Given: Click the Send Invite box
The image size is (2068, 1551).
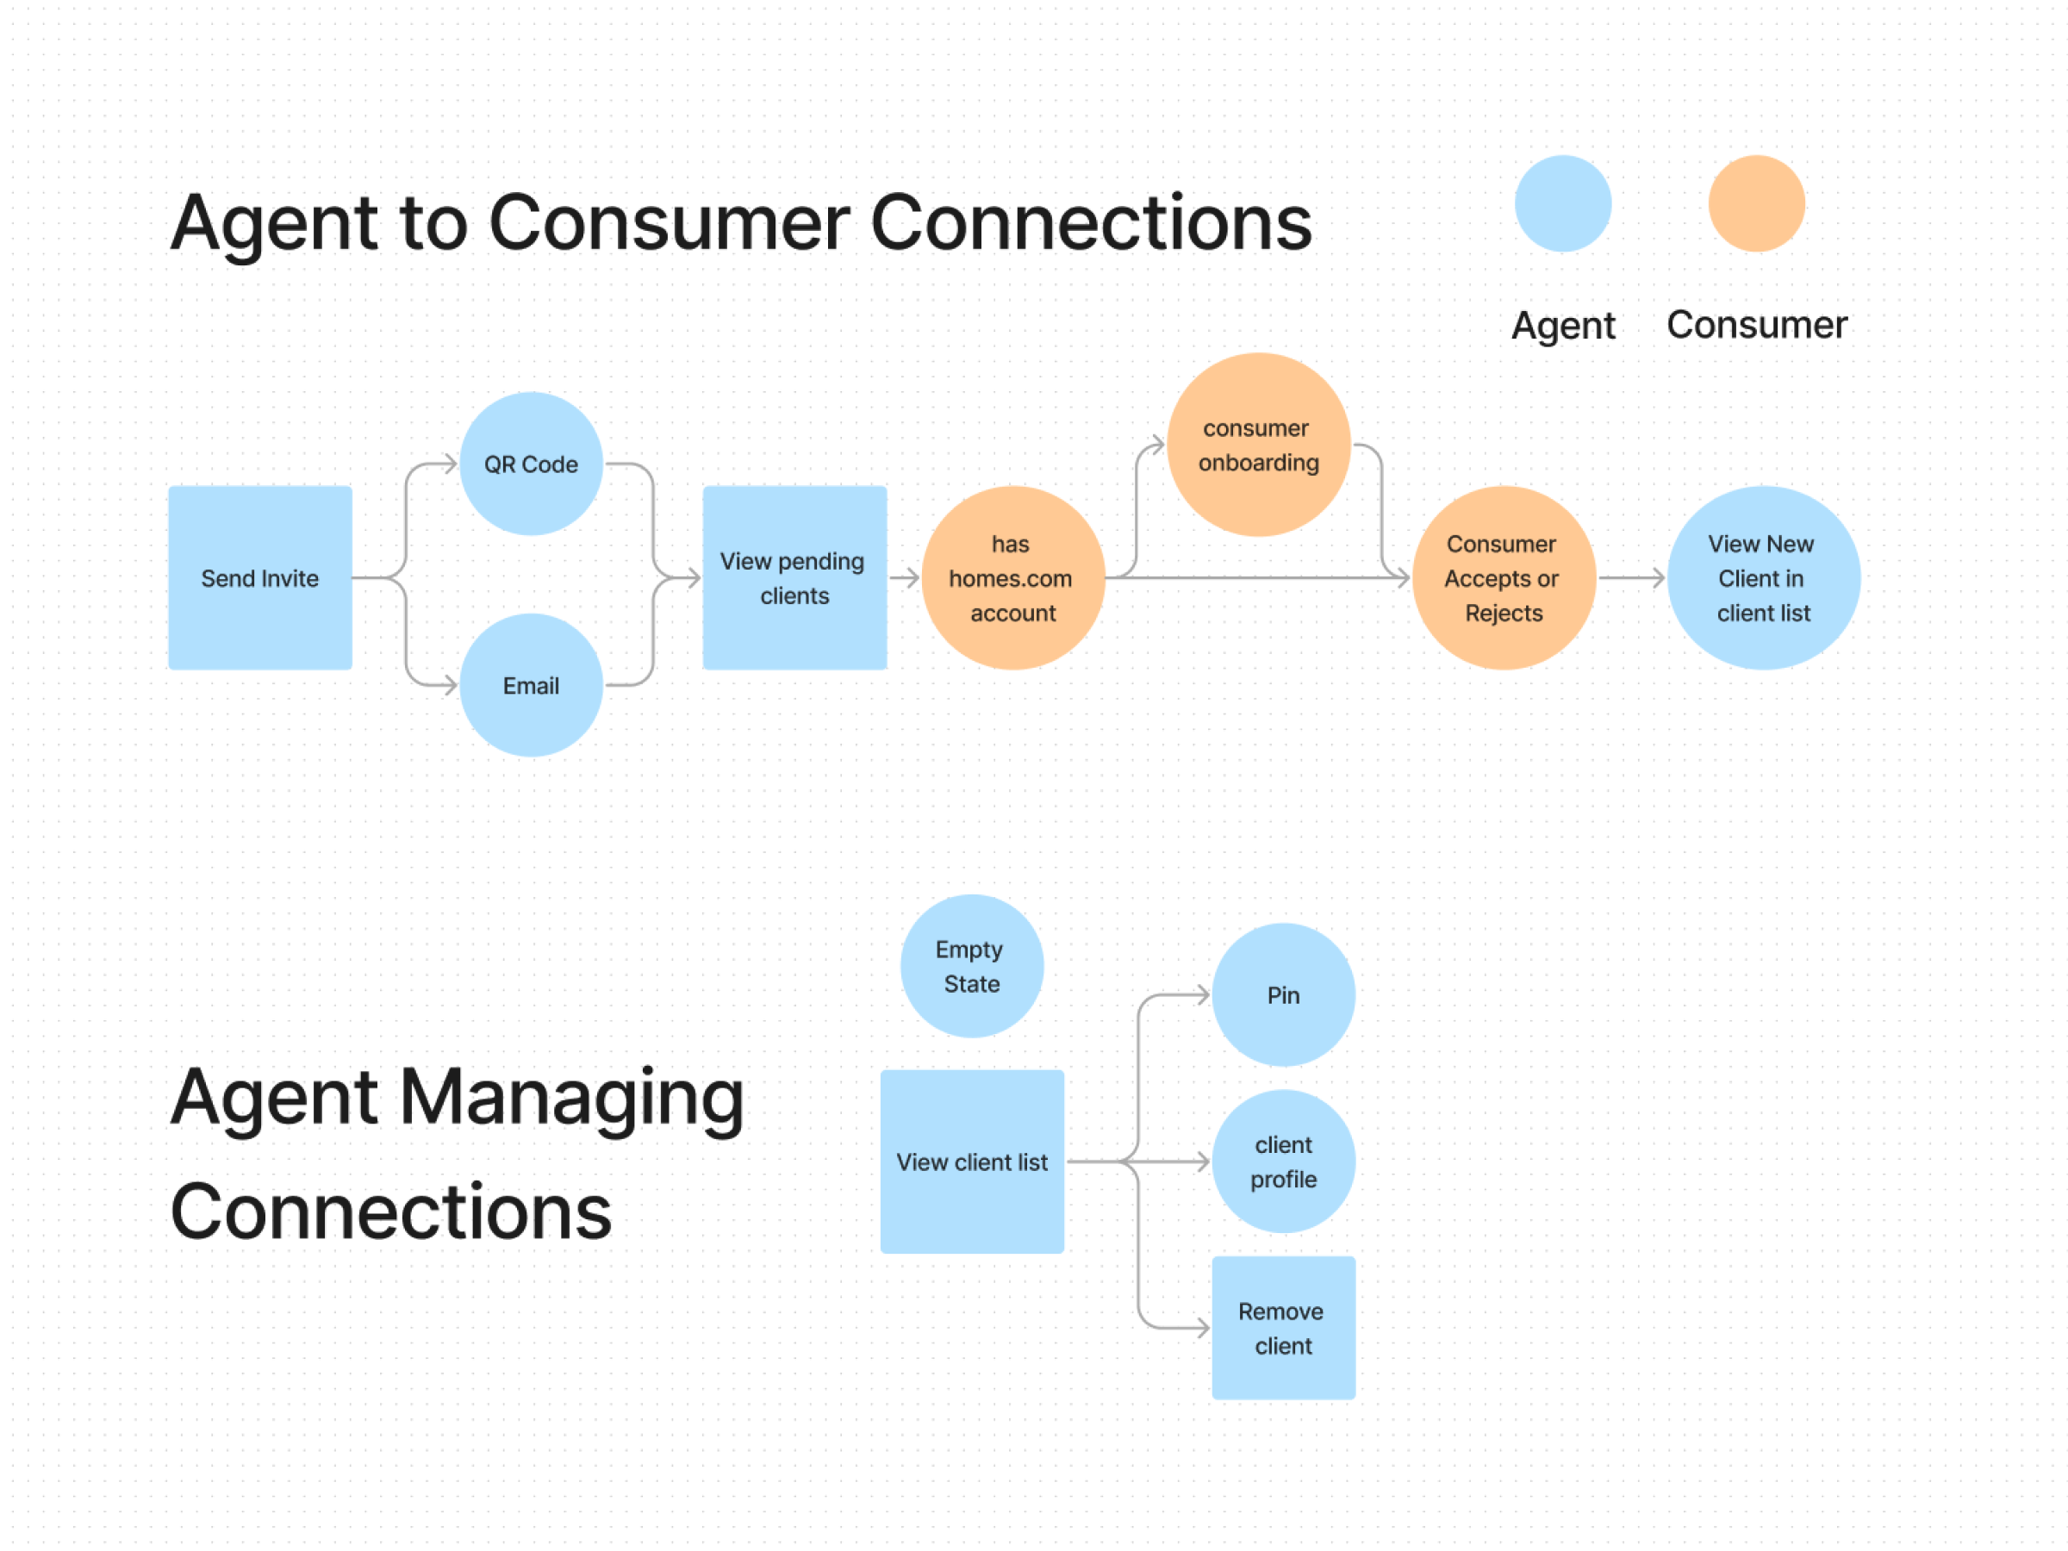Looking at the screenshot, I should pos(260,578).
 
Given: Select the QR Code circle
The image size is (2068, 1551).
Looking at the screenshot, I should pos(531,464).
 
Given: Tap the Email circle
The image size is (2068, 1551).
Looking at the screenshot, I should pos(531,685).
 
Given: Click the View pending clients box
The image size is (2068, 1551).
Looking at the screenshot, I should pos(794,578).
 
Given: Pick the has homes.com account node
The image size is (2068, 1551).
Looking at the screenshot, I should pos(1012,578).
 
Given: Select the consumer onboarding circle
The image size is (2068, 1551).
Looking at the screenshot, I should pos(1258,445).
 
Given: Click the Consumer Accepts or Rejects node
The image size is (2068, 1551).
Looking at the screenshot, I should pos(1503,578).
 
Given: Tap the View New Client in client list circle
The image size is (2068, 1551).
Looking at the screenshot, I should pos(1762,578).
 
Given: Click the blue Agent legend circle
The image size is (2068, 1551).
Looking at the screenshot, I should pos(1562,204).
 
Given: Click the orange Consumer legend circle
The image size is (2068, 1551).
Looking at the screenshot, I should pos(1756,204).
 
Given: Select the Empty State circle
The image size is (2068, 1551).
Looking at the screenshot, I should pos(971,966).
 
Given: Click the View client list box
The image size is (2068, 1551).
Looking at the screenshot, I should pos(971,1162).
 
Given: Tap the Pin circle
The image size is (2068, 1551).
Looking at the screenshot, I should pos(1283,994).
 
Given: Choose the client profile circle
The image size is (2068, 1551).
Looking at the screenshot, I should pos(1283,1162).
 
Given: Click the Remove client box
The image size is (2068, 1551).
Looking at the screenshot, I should pos(1283,1328).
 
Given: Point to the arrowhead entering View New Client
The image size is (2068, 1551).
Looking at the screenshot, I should pos(1659,578).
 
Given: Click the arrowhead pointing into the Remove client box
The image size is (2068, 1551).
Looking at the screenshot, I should pos(1203,1328).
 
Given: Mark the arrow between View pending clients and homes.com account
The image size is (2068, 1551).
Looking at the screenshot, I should pos(904,578).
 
